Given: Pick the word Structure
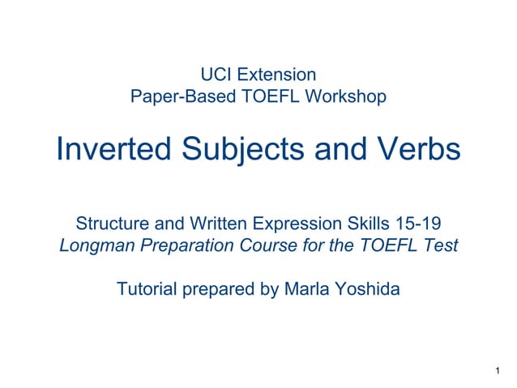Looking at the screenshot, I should point(108,224).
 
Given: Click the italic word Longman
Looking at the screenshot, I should point(93,245).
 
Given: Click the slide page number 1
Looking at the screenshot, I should point(495,370).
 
